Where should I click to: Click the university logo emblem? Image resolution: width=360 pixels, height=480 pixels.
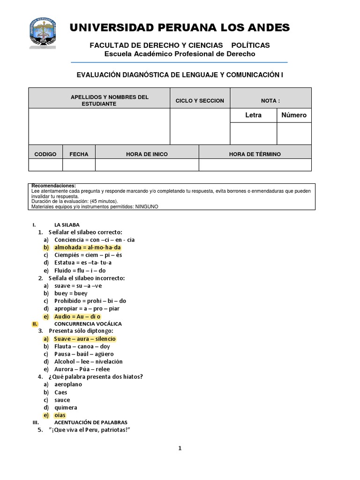43,33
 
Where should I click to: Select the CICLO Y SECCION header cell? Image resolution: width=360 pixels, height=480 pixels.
200,101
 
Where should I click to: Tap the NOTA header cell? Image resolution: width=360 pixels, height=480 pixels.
270,101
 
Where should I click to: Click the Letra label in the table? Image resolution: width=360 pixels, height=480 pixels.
253,115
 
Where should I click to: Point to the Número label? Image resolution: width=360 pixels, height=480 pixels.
294,115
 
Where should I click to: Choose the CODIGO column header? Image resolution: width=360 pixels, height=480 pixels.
45,154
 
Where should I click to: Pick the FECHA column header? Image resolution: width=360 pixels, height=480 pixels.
79,154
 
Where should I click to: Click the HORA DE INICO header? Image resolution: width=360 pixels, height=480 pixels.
147,154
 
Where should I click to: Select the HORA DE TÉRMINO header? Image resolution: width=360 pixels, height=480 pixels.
255,154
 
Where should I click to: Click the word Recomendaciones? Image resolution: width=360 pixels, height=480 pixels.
53,186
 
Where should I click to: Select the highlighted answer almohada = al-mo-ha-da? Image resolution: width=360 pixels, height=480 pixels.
88,247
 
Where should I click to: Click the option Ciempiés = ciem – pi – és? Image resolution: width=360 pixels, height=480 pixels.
88,255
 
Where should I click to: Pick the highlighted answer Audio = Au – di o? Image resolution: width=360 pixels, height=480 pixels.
77,316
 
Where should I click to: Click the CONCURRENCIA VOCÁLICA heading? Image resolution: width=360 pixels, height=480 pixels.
88,324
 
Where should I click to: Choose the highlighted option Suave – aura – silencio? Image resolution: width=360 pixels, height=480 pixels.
85,339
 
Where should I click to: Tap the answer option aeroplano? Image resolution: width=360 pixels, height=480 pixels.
68,384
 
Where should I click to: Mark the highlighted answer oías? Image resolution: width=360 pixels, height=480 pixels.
60,415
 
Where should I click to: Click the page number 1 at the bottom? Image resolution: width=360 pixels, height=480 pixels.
180,448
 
